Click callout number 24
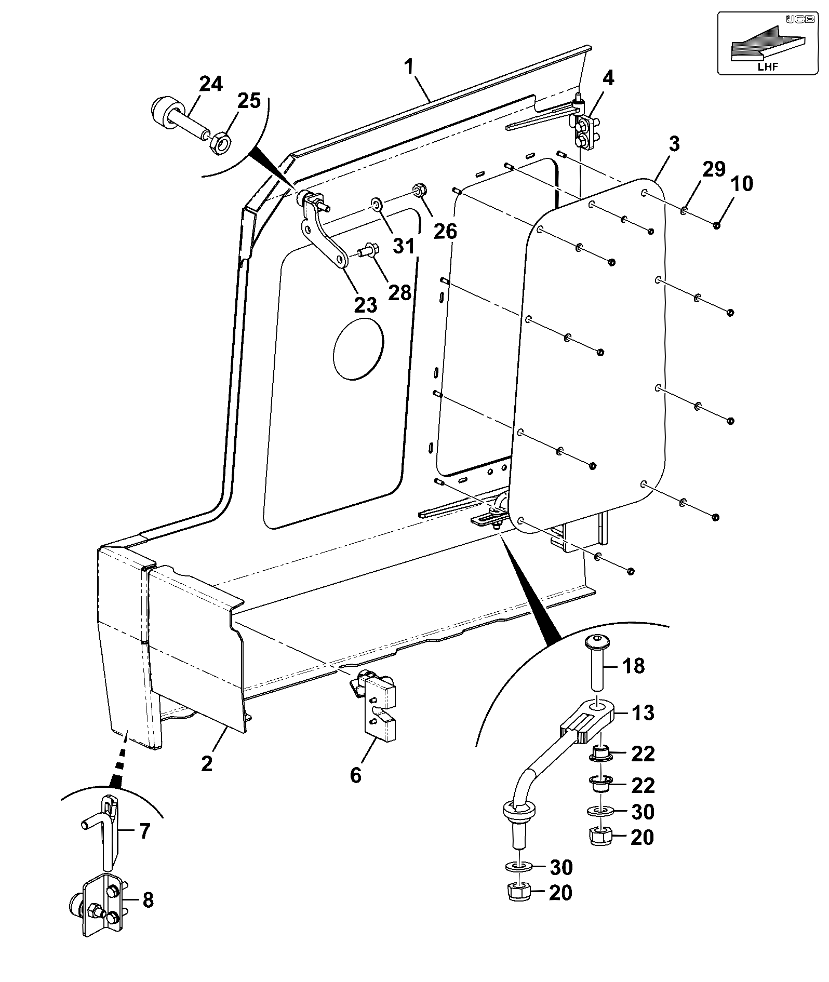pyautogui.click(x=210, y=84)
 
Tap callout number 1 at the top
pyautogui.click(x=409, y=67)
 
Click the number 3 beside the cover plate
pyautogui.click(x=674, y=144)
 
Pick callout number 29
pyautogui.click(x=714, y=169)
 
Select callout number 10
pyautogui.click(x=742, y=184)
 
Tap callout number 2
pyautogui.click(x=207, y=764)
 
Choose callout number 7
pyautogui.click(x=145, y=831)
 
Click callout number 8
pyautogui.click(x=148, y=900)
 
